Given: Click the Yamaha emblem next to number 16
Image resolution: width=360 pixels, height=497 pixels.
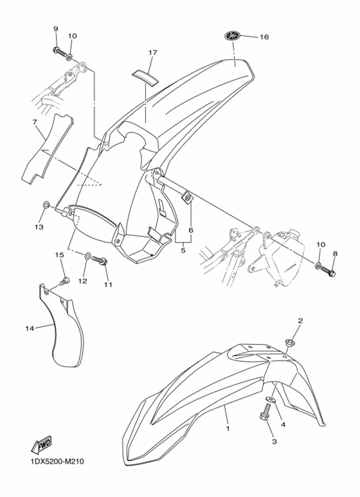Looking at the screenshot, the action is point(233,36).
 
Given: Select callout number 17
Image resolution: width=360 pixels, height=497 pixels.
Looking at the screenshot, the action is point(152,52).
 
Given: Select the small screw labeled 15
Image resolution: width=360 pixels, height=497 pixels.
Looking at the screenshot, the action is point(66,280).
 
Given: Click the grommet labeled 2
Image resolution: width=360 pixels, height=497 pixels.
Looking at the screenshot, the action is point(290,343).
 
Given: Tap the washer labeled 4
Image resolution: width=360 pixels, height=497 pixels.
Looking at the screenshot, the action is point(271,399).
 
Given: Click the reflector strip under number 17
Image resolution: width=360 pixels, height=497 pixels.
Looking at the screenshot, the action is point(145,76).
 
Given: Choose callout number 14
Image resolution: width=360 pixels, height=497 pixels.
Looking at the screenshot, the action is point(30,329).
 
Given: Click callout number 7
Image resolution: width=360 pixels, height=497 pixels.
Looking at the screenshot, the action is point(35,122).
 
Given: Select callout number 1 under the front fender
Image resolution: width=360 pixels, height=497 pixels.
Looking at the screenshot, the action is point(228,429).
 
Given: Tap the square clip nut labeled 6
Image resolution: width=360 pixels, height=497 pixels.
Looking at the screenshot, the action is point(187,199).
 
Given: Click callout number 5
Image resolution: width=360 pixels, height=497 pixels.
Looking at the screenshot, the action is point(183,250).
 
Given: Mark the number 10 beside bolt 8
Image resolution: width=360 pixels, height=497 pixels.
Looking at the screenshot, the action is point(320,244).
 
